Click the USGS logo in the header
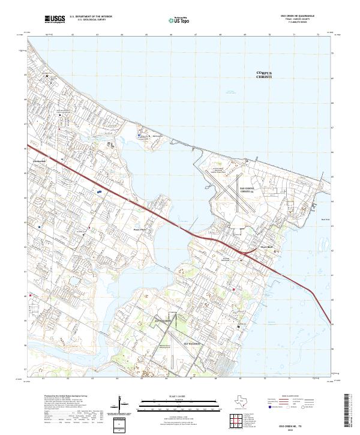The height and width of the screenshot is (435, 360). (x=55, y=19)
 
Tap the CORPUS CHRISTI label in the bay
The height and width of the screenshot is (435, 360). (x=264, y=74)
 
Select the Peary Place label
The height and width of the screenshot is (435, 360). (x=139, y=229)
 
